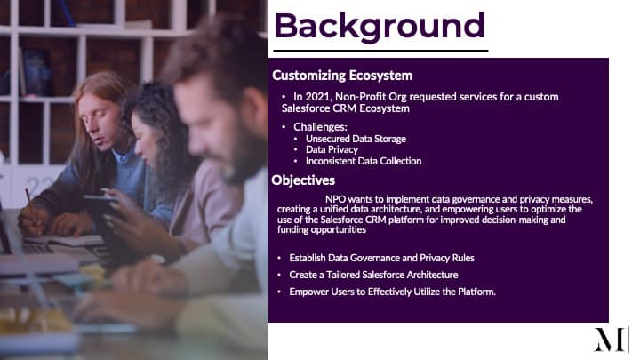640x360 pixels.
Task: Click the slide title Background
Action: tap(380, 27)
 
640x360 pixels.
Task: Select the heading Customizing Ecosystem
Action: tap(342, 76)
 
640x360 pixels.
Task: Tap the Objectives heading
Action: tap(303, 180)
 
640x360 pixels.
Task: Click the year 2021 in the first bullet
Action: tap(317, 97)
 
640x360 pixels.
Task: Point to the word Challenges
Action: tap(320, 127)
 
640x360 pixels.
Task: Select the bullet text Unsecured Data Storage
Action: tap(356, 139)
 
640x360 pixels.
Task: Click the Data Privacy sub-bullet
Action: tap(332, 150)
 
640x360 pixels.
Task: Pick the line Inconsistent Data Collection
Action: tap(364, 161)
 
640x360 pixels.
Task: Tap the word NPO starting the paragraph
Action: tap(335, 199)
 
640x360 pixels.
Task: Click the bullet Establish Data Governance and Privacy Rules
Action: tap(381, 258)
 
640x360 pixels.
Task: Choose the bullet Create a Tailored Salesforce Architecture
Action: tap(373, 275)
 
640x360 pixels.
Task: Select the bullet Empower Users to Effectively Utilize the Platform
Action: tap(392, 292)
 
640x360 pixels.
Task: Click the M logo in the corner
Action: tap(611, 340)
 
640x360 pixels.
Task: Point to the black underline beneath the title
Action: tap(380, 51)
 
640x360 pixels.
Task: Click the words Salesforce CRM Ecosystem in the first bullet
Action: tap(345, 108)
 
